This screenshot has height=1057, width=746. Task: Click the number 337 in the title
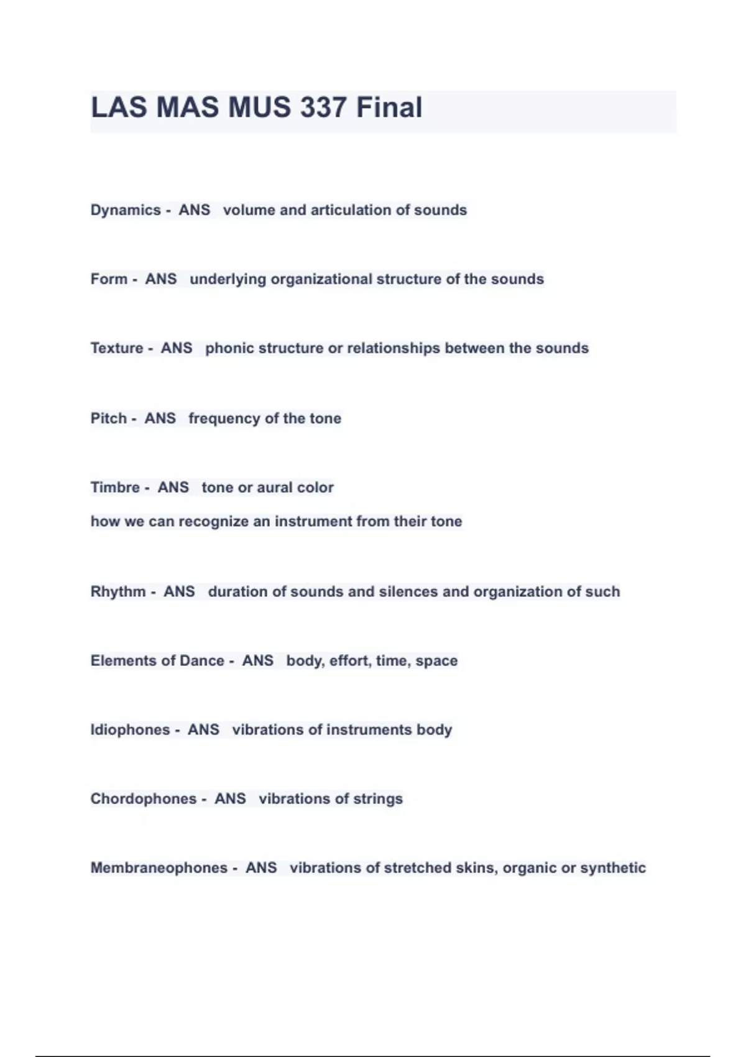[323, 108]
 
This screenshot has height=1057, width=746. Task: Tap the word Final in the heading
[389, 108]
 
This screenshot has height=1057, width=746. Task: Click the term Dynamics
[126, 210]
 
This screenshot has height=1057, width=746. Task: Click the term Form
[109, 279]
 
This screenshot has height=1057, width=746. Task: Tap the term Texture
[117, 348]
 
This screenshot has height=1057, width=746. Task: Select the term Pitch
[109, 418]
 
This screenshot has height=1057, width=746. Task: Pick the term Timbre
[115, 487]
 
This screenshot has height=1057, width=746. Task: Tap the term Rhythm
[118, 592]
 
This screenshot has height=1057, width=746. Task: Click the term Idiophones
[130, 730]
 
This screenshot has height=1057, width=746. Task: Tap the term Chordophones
[144, 799]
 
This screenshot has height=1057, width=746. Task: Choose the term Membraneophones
[159, 868]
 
